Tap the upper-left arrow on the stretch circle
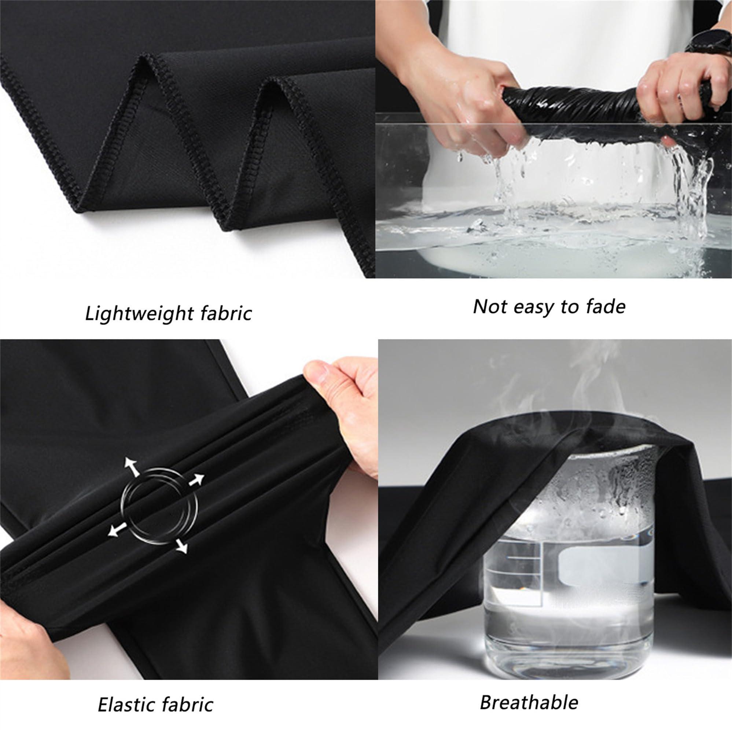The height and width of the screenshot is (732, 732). point(132,466)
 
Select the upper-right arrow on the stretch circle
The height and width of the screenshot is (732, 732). point(196,480)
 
